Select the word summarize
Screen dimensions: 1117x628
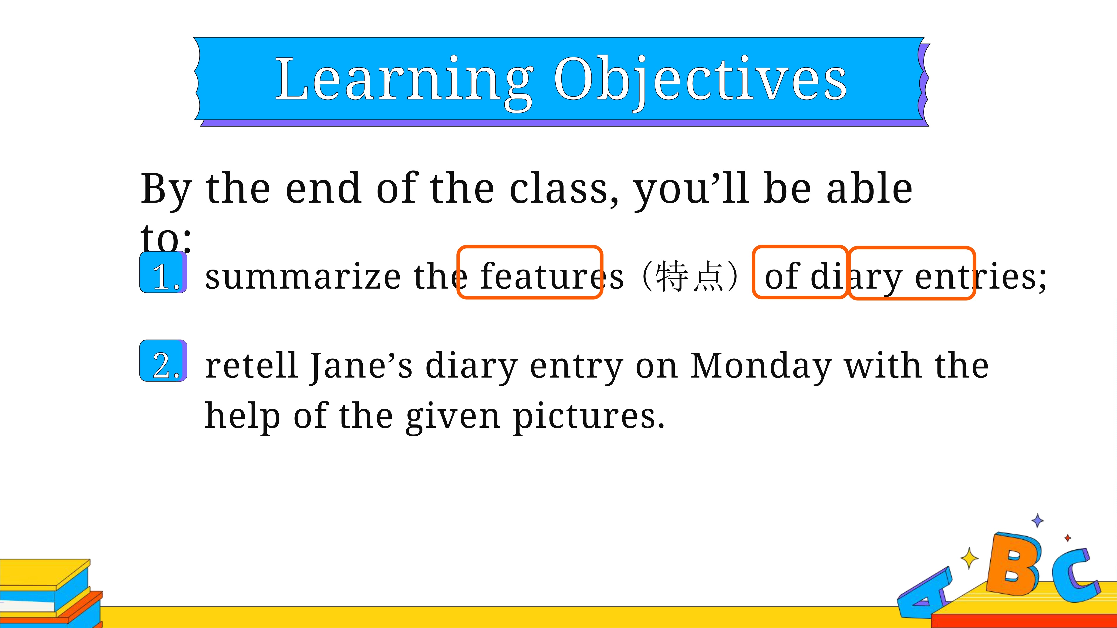point(303,277)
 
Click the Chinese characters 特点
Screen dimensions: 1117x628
point(689,276)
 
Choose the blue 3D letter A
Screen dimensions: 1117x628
point(924,591)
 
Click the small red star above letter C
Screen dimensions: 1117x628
point(1068,538)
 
